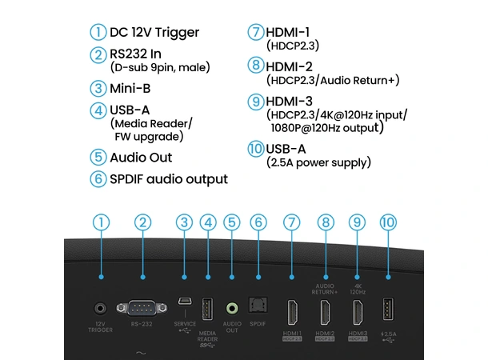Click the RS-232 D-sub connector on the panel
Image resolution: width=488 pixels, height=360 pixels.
pyautogui.click(x=142, y=306)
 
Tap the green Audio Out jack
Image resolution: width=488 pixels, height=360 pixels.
pyautogui.click(x=233, y=307)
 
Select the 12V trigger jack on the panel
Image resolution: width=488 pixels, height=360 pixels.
pyautogui.click(x=101, y=306)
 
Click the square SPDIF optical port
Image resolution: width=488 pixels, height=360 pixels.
pyautogui.click(x=257, y=307)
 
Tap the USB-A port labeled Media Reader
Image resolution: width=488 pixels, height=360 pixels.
pyautogui.click(x=208, y=308)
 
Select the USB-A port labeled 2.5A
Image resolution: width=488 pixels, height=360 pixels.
pyautogui.click(x=389, y=308)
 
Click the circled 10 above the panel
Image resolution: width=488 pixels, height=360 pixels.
pyautogui.click(x=389, y=222)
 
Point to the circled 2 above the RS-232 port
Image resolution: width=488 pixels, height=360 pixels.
pyautogui.click(x=142, y=222)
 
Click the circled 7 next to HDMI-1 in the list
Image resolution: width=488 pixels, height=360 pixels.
pyautogui.click(x=256, y=33)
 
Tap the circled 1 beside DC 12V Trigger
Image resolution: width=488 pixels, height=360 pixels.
pyautogui.click(x=98, y=33)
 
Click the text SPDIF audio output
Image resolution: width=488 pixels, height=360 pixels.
pyautogui.click(x=168, y=179)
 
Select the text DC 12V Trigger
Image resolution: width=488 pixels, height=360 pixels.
pyautogui.click(x=154, y=33)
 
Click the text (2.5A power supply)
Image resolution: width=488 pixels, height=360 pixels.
pyautogui.click(x=318, y=162)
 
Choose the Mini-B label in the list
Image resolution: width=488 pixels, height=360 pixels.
pyautogui.click(x=133, y=89)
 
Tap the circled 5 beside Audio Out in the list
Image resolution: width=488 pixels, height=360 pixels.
pyautogui.click(x=98, y=157)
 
